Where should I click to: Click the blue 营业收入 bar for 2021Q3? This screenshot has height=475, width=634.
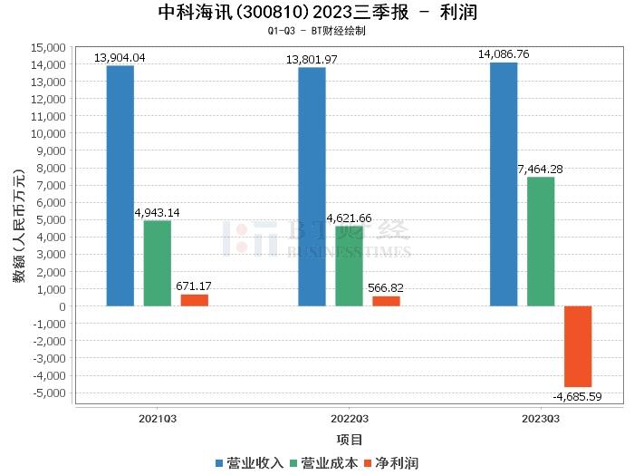click(120, 186)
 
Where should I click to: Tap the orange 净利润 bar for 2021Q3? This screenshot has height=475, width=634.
click(194, 300)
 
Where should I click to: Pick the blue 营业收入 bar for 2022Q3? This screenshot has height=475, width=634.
click(312, 187)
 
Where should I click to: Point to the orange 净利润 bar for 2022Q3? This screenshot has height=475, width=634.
click(386, 301)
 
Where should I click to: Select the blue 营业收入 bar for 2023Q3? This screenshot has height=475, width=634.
click(504, 184)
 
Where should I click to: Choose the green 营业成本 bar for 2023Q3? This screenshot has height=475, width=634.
click(541, 241)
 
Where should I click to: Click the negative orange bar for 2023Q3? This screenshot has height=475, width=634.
click(578, 346)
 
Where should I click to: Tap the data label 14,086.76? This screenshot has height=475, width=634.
click(504, 54)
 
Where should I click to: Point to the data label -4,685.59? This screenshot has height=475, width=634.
click(577, 396)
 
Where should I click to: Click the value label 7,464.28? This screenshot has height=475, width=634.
click(541, 170)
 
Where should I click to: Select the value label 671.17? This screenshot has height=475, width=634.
click(194, 286)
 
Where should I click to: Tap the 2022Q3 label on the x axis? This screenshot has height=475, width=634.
click(349, 419)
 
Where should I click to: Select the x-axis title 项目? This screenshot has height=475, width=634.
click(349, 441)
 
